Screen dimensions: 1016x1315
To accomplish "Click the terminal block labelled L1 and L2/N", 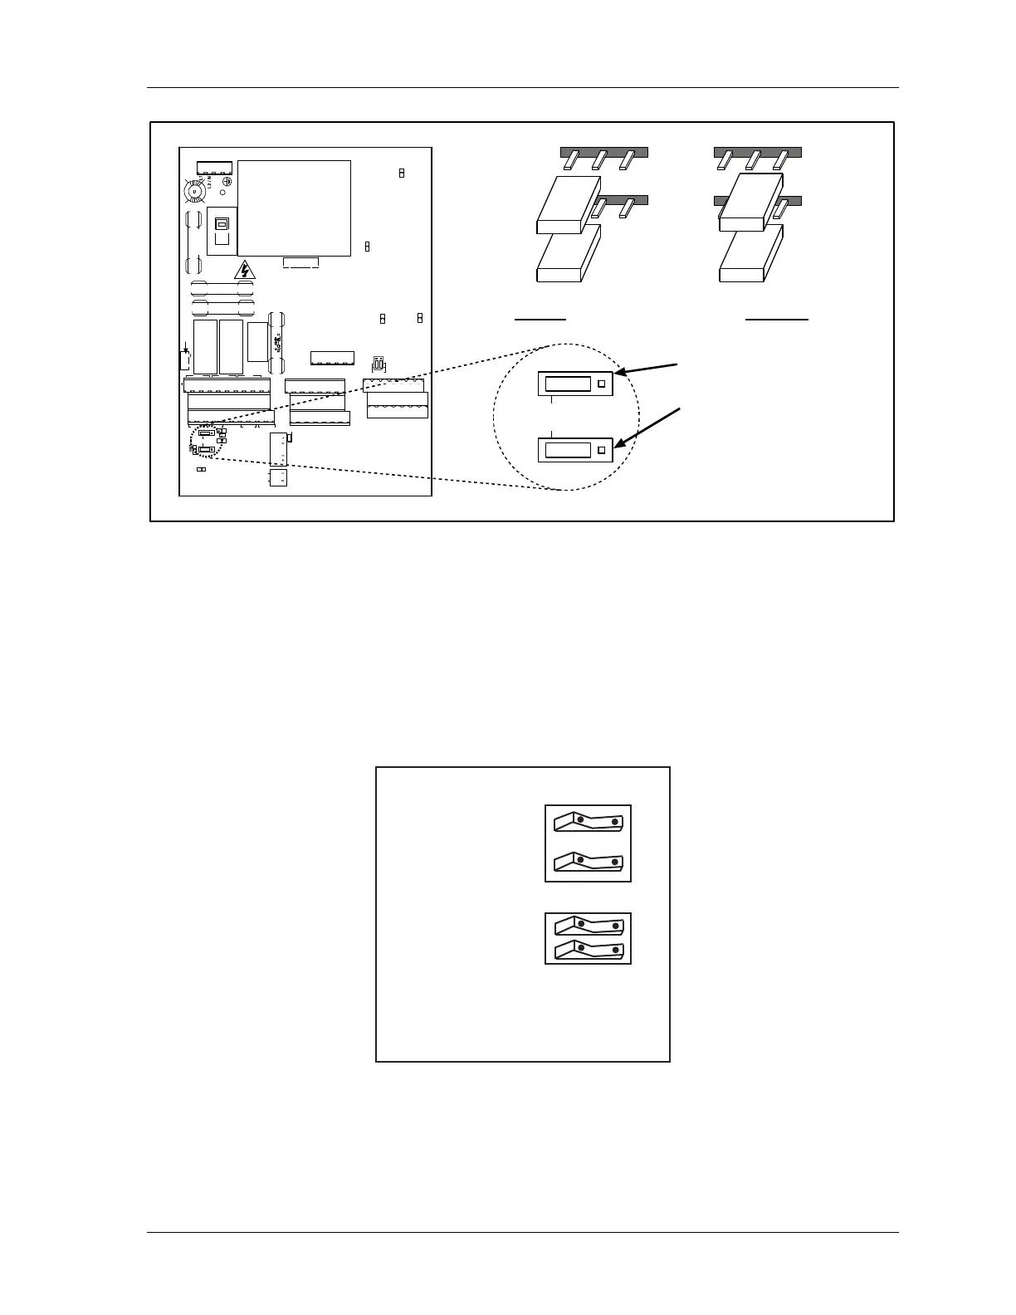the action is click(x=214, y=168).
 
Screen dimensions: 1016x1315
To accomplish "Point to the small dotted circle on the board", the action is click(x=206, y=441).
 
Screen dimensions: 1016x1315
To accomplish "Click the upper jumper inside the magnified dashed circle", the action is click(x=575, y=384).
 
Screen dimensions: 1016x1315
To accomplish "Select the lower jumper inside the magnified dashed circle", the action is click(x=575, y=450).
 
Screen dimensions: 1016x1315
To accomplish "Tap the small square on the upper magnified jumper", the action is click(x=602, y=384).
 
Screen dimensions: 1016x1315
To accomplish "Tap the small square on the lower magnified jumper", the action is click(x=602, y=450).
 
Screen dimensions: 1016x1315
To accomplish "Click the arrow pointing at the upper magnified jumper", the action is click(x=648, y=369).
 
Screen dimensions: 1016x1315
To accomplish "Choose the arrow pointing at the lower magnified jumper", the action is click(x=648, y=428).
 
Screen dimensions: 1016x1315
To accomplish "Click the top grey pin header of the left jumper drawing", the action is click(x=603, y=153).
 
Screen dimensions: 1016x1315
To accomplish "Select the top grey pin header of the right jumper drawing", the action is click(x=757, y=153).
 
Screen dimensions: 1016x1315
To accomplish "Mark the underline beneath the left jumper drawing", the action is click(x=540, y=318).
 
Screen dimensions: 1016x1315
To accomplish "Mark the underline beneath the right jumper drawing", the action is click(x=777, y=318).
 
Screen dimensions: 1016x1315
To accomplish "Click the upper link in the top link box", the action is click(x=588, y=823).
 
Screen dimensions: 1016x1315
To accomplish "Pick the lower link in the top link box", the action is click(x=588, y=863).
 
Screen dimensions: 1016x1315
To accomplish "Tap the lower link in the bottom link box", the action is click(x=588, y=949).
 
